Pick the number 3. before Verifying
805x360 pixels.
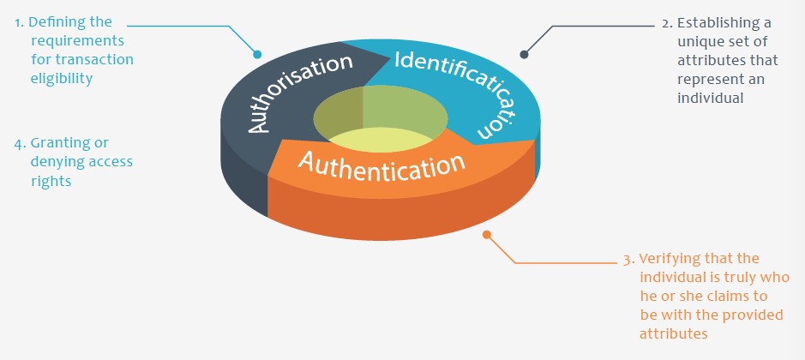(628, 259)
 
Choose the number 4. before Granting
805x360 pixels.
(20, 143)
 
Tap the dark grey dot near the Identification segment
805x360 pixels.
(524, 55)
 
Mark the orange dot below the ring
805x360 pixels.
(487, 234)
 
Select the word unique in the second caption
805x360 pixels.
(697, 41)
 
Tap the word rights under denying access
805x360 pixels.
(51, 181)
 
